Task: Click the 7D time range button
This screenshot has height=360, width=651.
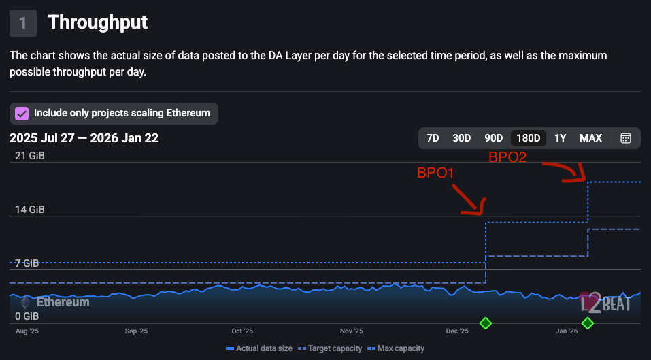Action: coord(433,138)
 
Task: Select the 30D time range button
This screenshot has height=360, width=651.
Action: coord(461,138)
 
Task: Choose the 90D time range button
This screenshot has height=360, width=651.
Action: coord(493,138)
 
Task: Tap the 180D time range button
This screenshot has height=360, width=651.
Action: coord(529,138)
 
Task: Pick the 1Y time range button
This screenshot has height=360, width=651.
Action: coord(560,138)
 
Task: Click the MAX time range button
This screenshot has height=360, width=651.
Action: coord(590,138)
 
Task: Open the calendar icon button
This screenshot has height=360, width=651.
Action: coord(626,138)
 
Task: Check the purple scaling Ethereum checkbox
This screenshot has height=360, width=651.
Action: coord(22,113)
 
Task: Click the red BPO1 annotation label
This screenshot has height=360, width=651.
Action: coord(435,174)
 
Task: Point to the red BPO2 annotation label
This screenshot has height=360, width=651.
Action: coord(507,157)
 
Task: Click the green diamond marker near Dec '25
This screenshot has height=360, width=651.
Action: coord(485,323)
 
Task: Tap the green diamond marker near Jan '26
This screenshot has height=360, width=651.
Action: coord(588,323)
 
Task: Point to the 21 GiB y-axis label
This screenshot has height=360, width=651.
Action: coord(30,156)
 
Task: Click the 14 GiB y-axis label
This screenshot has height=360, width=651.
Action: coord(30,210)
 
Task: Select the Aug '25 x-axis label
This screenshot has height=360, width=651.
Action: coord(27,331)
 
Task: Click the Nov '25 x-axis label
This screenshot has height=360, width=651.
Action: coord(352,331)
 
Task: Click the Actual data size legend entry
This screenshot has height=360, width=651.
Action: coord(259,348)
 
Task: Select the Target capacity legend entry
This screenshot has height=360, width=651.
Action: coord(331,348)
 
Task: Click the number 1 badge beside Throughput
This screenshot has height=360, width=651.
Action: coord(23,22)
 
